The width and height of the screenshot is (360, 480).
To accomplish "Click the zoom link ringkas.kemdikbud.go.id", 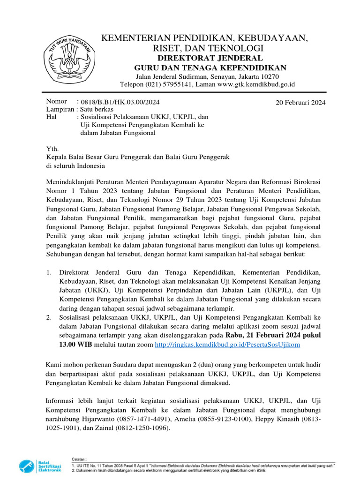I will coord(227,345).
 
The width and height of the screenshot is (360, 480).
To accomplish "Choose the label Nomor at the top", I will coord(56,101).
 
